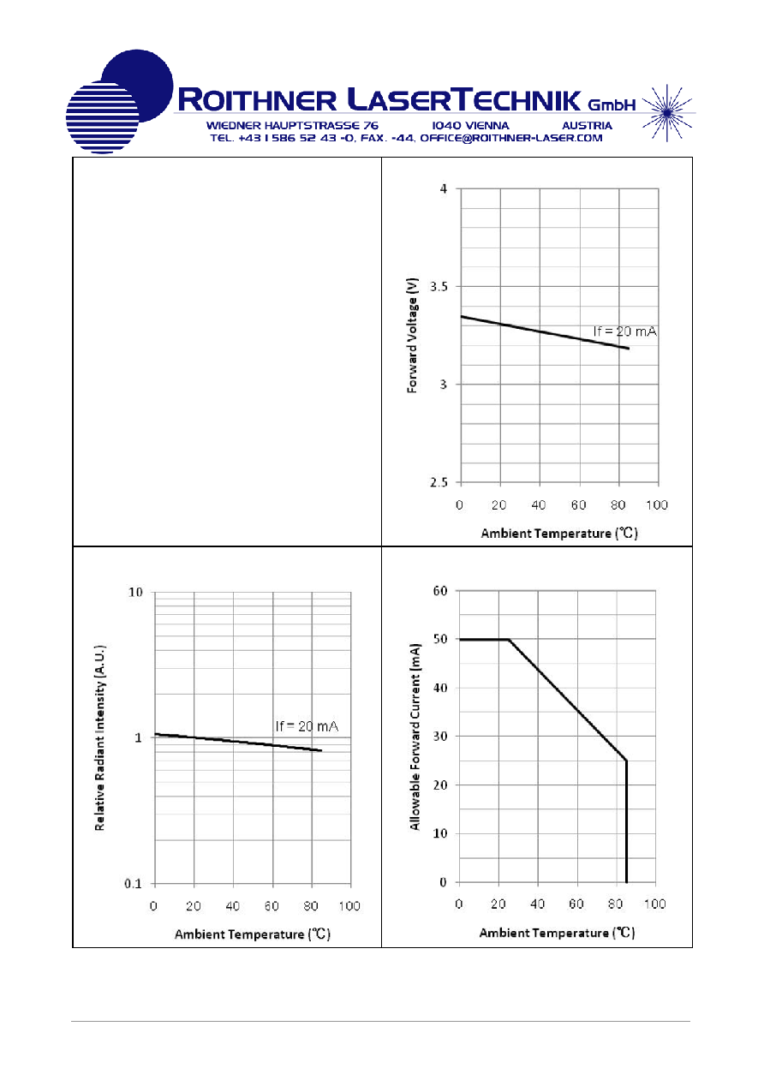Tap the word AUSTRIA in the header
[587, 125]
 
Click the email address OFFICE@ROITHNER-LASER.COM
[511, 138]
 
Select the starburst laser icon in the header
[667, 113]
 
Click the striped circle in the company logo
[102, 117]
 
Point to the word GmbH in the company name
[612, 104]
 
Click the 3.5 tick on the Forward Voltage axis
[439, 287]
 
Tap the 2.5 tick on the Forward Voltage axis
[439, 482]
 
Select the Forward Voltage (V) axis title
[412, 335]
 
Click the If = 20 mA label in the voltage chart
[624, 331]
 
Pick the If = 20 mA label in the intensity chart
[307, 726]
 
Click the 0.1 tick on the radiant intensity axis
[133, 884]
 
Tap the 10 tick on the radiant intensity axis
[135, 592]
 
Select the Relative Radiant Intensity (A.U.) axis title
[99, 737]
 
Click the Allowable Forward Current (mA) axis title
[415, 737]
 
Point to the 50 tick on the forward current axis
[440, 639]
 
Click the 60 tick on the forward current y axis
[440, 591]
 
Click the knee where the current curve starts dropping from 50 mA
[509, 640]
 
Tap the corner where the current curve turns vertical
[626, 761]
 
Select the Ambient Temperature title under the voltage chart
[559, 534]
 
